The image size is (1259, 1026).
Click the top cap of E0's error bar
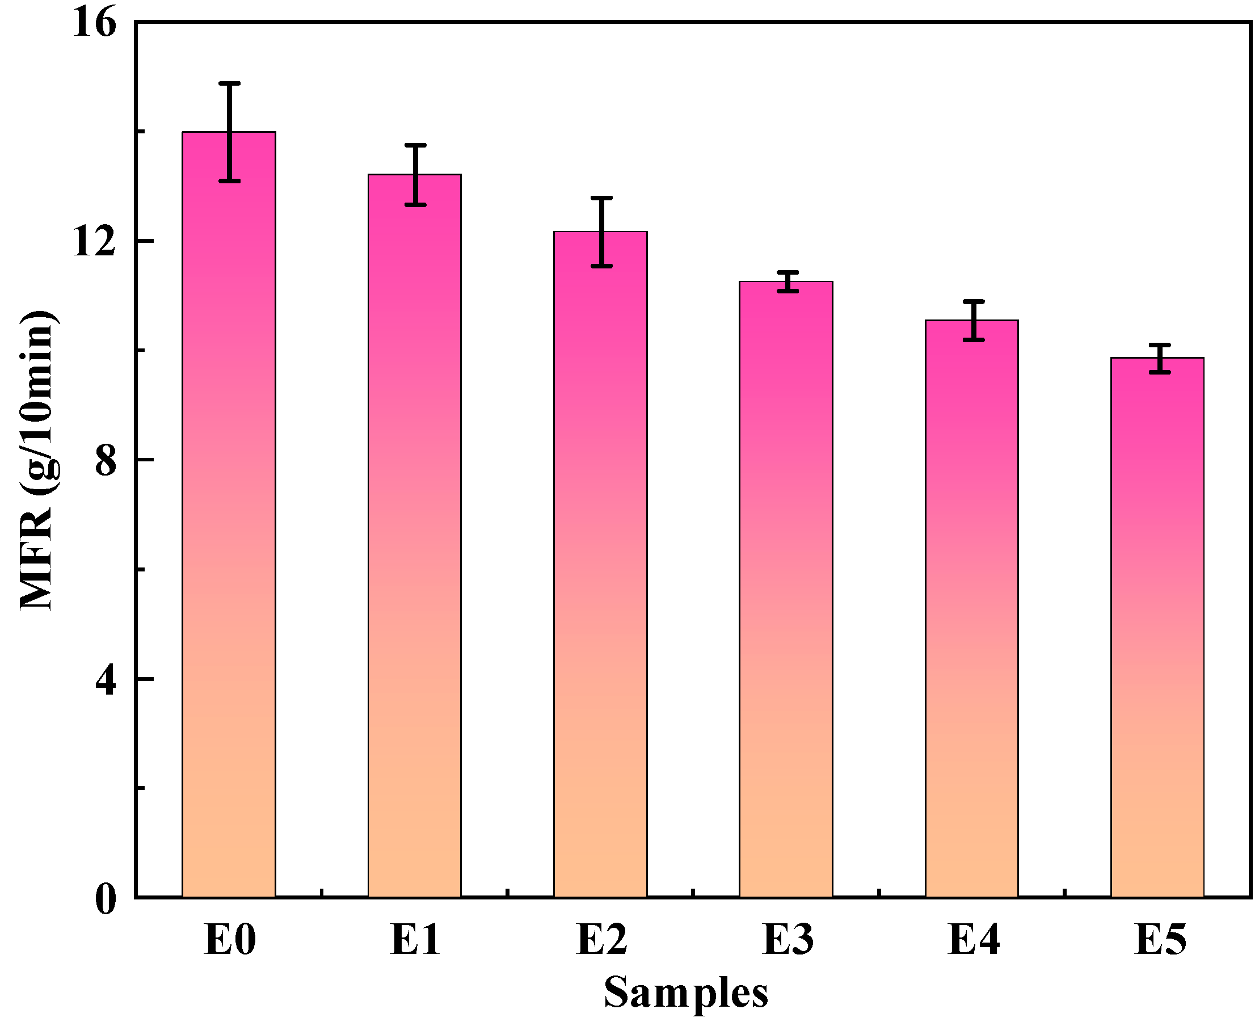pos(229,83)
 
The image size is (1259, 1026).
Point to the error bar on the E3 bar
pos(788,281)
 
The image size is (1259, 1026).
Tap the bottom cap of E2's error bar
pos(601,266)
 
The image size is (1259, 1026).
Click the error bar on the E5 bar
pos(1160,358)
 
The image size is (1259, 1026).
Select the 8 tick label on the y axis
pos(105,460)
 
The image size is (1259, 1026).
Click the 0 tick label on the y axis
pos(105,899)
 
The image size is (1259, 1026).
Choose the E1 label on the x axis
pos(415,940)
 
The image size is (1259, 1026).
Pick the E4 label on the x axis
pos(973,940)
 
